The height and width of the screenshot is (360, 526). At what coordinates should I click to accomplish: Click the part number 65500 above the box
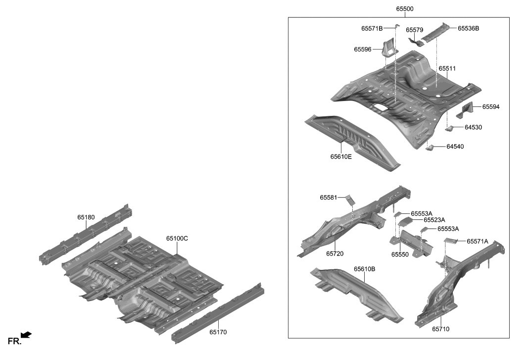tap(404, 9)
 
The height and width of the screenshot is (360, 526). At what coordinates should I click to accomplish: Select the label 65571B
tap(372, 29)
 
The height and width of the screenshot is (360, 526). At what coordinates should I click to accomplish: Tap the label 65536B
tap(468, 29)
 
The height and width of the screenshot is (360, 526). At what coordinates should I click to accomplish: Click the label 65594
tap(491, 106)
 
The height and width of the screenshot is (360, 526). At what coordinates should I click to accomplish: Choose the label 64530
tap(473, 127)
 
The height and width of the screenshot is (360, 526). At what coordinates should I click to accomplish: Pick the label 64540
tap(455, 147)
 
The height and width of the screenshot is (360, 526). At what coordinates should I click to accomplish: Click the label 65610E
tap(341, 157)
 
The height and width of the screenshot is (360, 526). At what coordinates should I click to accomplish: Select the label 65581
tap(329, 198)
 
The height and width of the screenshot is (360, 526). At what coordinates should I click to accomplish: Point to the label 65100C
tap(177, 238)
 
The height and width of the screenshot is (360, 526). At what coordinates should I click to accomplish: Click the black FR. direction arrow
tap(26, 335)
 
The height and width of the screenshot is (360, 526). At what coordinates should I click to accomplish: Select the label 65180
tap(86, 217)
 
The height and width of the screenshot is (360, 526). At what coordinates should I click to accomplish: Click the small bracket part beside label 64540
tap(430, 148)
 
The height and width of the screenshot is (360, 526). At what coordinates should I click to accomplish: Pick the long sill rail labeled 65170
tap(218, 312)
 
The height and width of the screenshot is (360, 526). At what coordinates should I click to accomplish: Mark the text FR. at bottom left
tap(13, 341)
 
